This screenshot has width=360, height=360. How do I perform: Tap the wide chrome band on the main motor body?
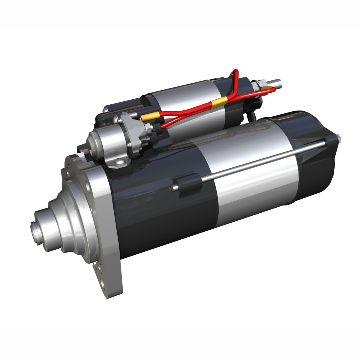pyautogui.click(x=255, y=186)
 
